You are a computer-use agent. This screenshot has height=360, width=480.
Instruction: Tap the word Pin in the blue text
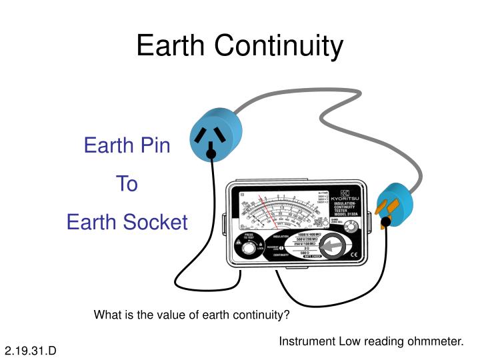click(x=155, y=145)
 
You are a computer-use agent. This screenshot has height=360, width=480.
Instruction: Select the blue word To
click(x=127, y=183)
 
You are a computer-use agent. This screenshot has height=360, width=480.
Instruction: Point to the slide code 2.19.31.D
click(x=31, y=350)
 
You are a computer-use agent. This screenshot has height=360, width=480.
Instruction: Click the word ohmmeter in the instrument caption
click(x=437, y=341)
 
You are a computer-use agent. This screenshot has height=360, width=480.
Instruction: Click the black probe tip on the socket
click(x=211, y=155)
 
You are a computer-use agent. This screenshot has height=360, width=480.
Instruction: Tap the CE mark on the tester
click(x=355, y=254)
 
